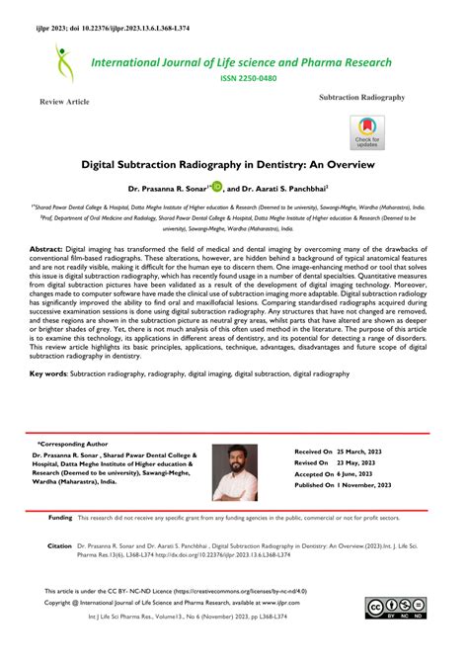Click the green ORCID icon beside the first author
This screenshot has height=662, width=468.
pyautogui.click(x=216, y=184)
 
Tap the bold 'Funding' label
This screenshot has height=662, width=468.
pyautogui.click(x=60, y=517)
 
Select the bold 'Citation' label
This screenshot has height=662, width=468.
pyautogui.click(x=59, y=545)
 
